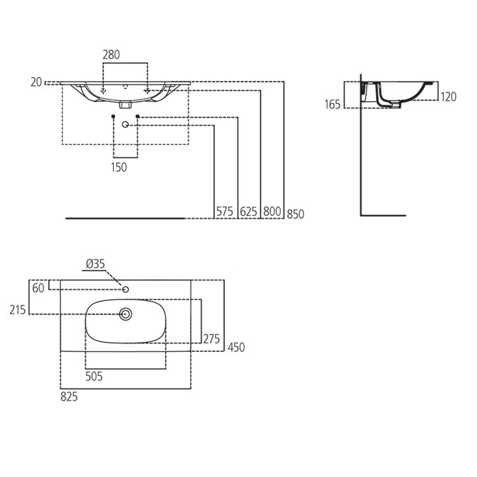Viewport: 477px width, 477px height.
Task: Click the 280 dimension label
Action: pos(111,55)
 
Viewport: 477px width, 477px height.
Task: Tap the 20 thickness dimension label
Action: pos(36,82)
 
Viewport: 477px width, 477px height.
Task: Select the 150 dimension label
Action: pos(119,168)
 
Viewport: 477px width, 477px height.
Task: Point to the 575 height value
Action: pos(225,211)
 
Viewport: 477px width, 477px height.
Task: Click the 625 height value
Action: pos(248,212)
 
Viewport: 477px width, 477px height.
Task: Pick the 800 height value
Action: pos(272,211)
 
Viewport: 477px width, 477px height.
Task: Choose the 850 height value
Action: pos(295,214)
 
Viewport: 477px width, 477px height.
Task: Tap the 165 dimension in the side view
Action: pos(332,105)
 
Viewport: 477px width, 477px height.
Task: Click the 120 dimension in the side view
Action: pos(449,97)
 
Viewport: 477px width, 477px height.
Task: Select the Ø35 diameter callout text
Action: pos(95,264)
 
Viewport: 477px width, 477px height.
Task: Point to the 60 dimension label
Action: pos(38,288)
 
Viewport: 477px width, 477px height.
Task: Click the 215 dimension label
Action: pos(18,310)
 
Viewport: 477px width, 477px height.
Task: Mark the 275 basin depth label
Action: pos(211,339)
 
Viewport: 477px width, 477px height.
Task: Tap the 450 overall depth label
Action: pos(236,347)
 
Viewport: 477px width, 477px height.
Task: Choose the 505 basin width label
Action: pos(94,376)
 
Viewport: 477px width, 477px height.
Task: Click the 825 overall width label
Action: pos(69,397)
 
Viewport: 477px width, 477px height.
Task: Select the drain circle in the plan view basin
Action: pos(125,314)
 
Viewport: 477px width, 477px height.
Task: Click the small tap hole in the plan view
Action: pos(125,290)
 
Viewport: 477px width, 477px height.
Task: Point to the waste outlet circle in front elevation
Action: pos(125,125)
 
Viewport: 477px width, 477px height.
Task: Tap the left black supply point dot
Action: pos(113,117)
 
